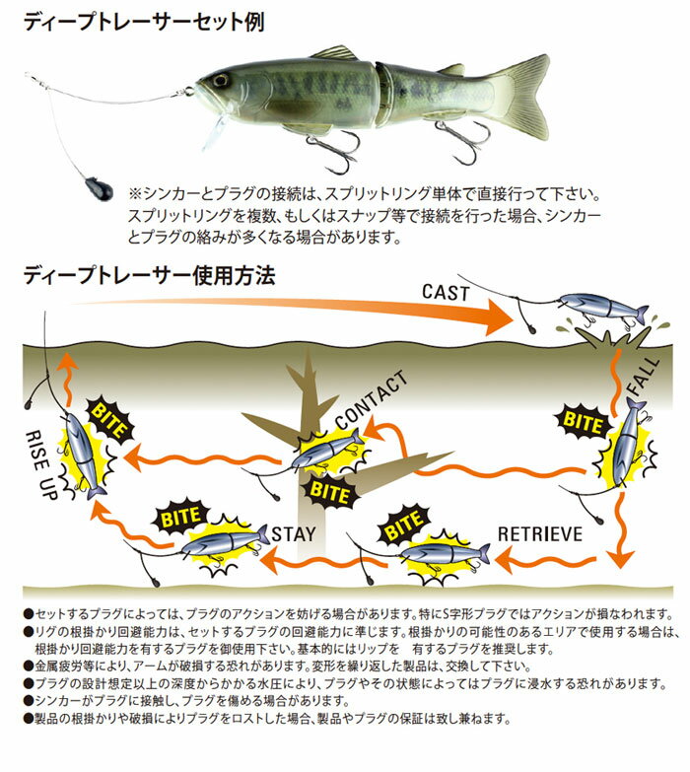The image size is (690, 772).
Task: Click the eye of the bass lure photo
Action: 220,80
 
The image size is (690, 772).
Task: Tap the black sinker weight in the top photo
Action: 99,188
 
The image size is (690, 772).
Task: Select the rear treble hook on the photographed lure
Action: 461,140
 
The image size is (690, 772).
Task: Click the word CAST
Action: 446,293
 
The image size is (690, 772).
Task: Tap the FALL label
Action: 643,376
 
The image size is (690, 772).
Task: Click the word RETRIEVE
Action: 540,534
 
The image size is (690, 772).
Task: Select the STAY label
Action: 294,534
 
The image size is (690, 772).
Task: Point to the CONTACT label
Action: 372,400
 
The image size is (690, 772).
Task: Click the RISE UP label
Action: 40,464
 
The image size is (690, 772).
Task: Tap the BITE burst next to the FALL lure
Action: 584,422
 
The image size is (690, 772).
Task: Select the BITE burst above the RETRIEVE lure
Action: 403,526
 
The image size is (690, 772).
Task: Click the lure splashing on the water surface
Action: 604,309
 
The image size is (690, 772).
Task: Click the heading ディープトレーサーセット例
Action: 144,22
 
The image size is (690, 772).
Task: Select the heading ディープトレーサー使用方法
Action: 150,275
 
